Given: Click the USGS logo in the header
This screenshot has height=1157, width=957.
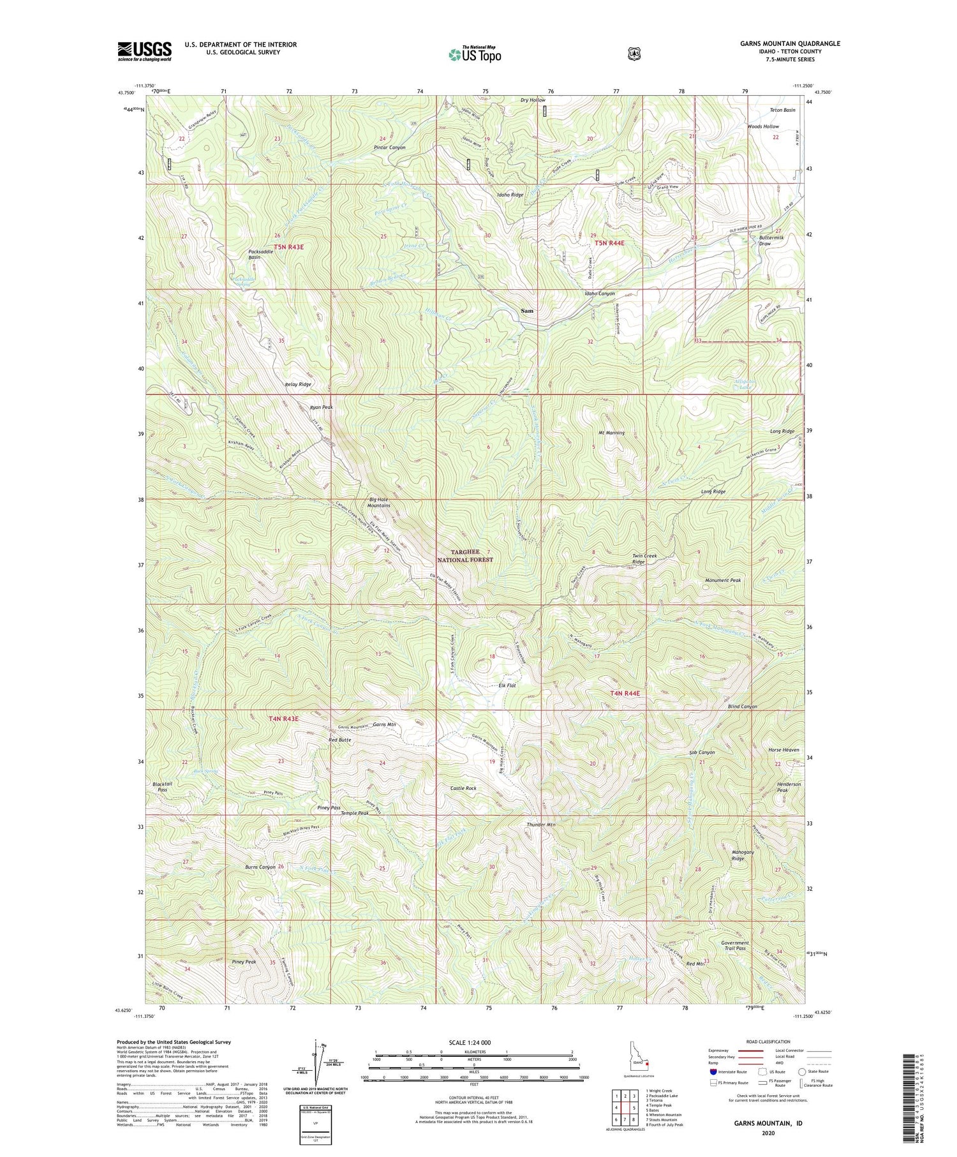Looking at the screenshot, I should pyautogui.click(x=144, y=51).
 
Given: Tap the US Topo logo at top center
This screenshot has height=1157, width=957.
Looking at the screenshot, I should pyautogui.click(x=475, y=54).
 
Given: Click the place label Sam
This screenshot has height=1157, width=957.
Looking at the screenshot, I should pyautogui.click(x=526, y=311).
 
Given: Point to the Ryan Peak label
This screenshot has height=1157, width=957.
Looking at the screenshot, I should pyautogui.click(x=321, y=407).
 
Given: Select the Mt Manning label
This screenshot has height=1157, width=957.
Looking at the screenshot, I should pyautogui.click(x=611, y=433).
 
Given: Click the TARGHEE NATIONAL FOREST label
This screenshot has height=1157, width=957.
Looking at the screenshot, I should pyautogui.click(x=465, y=555).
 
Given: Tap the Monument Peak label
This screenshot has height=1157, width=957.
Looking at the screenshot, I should pyautogui.click(x=722, y=580).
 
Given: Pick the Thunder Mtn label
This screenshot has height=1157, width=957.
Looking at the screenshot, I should pyautogui.click(x=541, y=825).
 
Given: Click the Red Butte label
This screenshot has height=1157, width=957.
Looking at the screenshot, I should pyautogui.click(x=339, y=740).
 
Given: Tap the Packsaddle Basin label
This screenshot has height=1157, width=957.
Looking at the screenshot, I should pyautogui.click(x=262, y=254).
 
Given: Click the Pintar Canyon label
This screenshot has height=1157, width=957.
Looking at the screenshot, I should pyautogui.click(x=389, y=147).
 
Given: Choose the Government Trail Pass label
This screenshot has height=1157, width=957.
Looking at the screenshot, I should pyautogui.click(x=735, y=945).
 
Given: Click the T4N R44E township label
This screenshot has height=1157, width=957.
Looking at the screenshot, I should pyautogui.click(x=624, y=693).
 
